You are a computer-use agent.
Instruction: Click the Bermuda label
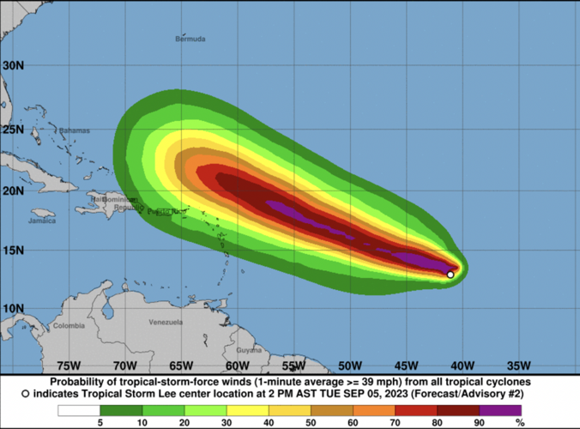pyautogui.click(x=190, y=39)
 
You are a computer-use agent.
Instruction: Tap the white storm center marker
pyautogui.click(x=450, y=275)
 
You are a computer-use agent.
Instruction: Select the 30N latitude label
pyautogui.click(x=12, y=65)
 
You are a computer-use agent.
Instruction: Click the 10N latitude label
pyautogui.click(x=12, y=308)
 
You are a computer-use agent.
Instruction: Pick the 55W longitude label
pyautogui.click(x=294, y=364)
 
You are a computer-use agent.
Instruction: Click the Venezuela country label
pyautogui.click(x=166, y=323)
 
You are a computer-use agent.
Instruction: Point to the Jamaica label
pyautogui.click(x=41, y=221)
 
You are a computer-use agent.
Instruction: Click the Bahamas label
pyautogui.click(x=75, y=130)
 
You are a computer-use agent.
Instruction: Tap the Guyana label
pyautogui.click(x=248, y=350)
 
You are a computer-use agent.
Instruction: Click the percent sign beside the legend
pyautogui.click(x=519, y=422)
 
